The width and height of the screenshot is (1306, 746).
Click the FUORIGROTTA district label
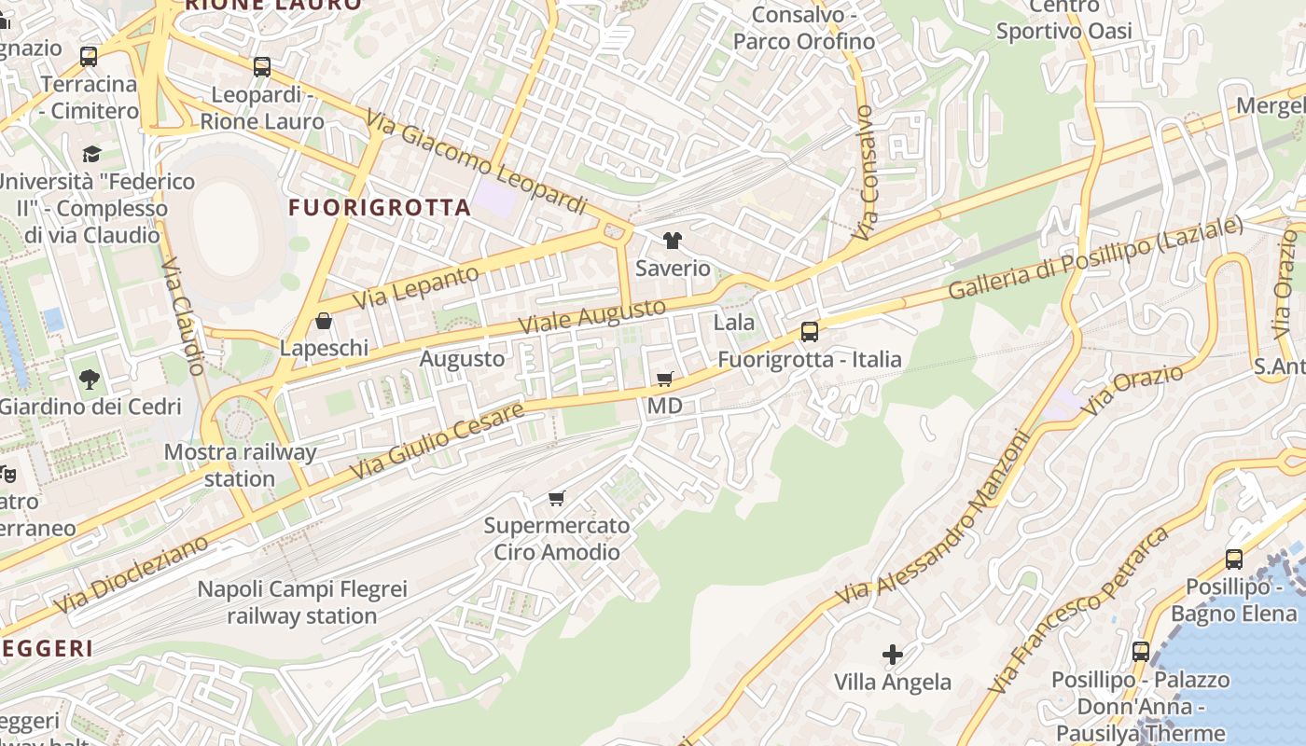click(380, 207)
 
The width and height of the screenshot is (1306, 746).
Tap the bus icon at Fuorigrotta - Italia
click(810, 332)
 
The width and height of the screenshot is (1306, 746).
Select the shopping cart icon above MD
click(665, 379)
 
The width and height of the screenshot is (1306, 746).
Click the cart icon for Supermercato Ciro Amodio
click(557, 498)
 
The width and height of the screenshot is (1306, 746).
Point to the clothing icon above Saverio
click(672, 241)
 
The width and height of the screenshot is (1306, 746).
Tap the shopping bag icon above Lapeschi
click(324, 321)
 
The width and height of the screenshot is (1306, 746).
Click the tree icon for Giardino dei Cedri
click(90, 380)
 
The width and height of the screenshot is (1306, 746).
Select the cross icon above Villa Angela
click(893, 655)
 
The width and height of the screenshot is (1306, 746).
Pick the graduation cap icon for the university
click(91, 154)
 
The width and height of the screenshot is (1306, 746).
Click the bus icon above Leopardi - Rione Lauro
click(262, 67)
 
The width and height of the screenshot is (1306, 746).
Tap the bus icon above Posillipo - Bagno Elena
click(1234, 559)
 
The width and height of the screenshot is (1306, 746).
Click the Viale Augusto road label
click(592, 317)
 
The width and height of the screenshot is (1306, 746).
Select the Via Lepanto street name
click(417, 286)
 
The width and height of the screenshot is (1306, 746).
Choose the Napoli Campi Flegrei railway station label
click(302, 602)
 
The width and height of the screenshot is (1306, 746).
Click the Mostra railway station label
click(240, 465)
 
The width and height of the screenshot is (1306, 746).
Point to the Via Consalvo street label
click(867, 173)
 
